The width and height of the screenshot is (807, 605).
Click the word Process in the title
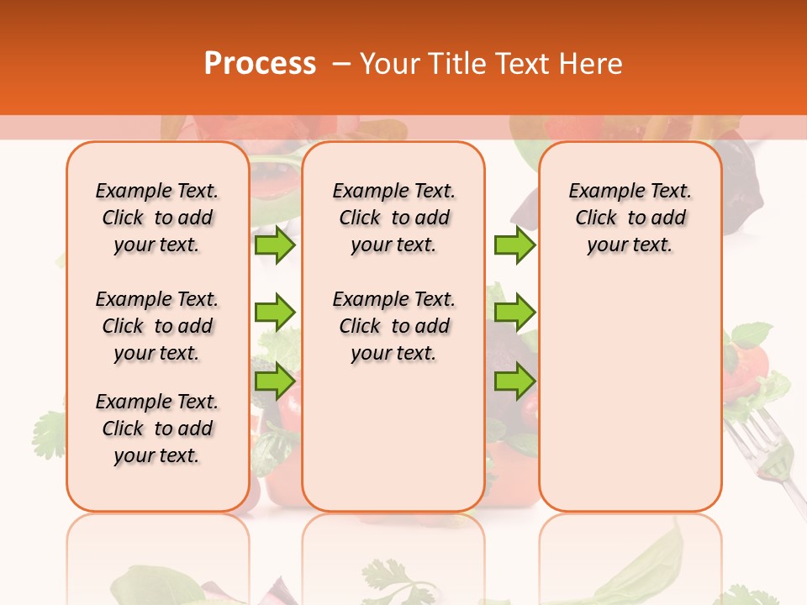tap(260, 64)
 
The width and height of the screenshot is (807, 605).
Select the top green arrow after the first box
tap(275, 245)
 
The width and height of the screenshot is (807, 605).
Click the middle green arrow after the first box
tap(275, 313)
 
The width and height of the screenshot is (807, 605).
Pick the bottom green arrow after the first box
tap(275, 381)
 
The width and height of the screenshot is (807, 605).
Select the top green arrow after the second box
tap(514, 245)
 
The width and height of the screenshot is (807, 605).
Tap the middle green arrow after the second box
tap(514, 313)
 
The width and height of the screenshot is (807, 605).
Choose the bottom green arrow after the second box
tap(514, 381)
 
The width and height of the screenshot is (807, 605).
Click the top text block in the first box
tap(157, 218)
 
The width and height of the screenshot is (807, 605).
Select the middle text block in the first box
tap(157, 326)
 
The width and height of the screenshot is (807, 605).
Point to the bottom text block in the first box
tap(157, 429)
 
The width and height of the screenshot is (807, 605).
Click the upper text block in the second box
tap(393, 218)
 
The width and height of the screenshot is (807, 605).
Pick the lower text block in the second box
tap(393, 326)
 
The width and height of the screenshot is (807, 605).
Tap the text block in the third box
tap(630, 218)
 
